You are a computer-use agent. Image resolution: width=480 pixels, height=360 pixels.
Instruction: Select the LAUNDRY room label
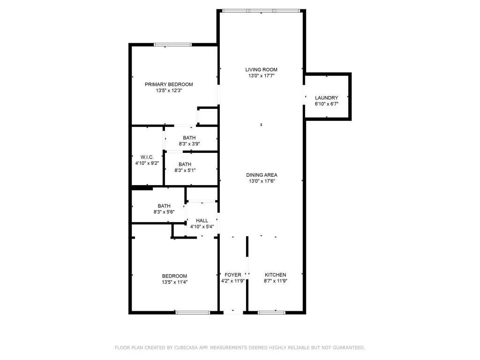click(326, 98)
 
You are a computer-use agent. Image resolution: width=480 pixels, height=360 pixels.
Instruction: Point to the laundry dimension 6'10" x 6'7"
click(326, 104)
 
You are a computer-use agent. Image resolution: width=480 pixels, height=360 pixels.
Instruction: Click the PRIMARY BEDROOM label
click(169, 84)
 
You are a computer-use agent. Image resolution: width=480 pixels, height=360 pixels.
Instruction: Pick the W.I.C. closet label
click(147, 157)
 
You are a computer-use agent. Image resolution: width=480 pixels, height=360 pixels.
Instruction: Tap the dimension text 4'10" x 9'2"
click(147, 163)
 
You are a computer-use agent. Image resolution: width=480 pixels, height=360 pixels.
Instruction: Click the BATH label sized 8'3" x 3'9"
click(189, 138)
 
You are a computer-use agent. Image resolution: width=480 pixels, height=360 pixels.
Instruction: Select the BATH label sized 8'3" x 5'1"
click(185, 164)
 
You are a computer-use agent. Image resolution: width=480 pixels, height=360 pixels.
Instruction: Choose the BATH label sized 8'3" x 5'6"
click(164, 206)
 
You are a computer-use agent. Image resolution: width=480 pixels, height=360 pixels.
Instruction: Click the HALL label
click(202, 220)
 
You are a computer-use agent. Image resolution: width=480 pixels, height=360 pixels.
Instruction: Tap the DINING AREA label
click(262, 175)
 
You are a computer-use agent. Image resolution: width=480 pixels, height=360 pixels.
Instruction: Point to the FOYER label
click(233, 275)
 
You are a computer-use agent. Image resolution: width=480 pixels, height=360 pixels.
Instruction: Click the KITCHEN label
click(275, 275)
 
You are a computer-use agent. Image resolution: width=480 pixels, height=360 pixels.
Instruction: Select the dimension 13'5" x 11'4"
click(175, 282)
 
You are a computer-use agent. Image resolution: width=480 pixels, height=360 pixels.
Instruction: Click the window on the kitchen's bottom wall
click(272, 312)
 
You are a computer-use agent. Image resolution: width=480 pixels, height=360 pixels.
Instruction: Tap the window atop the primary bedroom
click(173, 45)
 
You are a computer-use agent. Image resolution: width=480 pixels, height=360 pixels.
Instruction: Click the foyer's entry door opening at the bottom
click(233, 312)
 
